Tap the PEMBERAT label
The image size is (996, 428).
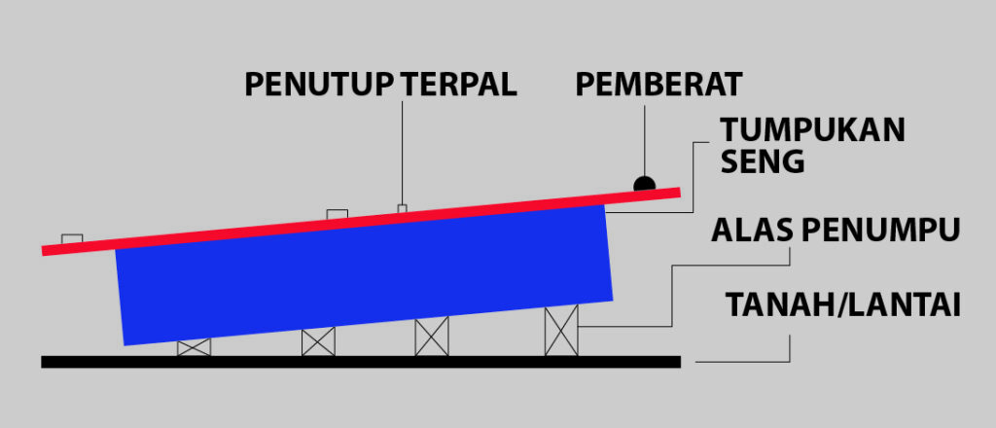coord(658,85)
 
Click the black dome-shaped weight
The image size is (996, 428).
coord(644,183)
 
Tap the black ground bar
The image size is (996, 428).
coord(360,362)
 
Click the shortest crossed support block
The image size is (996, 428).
coord(194,347)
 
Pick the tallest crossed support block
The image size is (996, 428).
coord(561,331)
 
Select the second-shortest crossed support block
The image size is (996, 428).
coord(318,341)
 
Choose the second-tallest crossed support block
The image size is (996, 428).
coord(432,337)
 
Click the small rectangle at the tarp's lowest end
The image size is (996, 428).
coord(72,238)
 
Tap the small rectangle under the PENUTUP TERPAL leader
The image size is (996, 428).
coord(402,207)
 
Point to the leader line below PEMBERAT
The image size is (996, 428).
coord(644,136)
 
